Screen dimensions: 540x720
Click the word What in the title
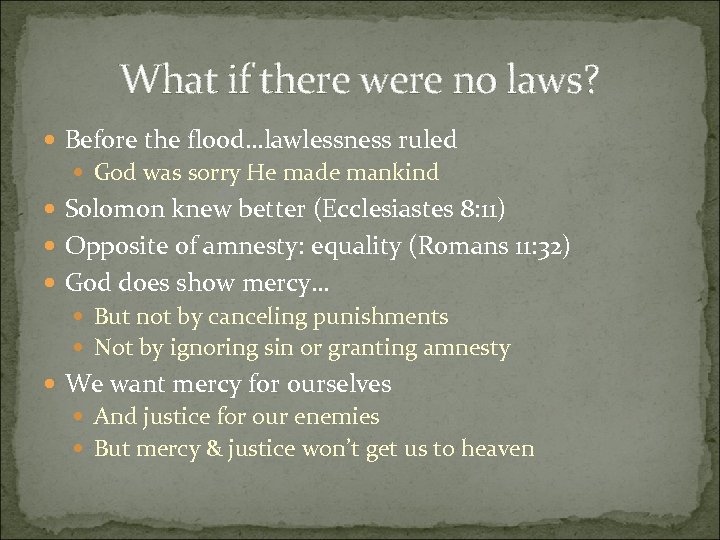tap(163, 79)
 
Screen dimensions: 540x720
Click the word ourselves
tap(339, 384)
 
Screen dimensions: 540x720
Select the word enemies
tap(335, 416)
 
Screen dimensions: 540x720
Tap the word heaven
tap(497, 449)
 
